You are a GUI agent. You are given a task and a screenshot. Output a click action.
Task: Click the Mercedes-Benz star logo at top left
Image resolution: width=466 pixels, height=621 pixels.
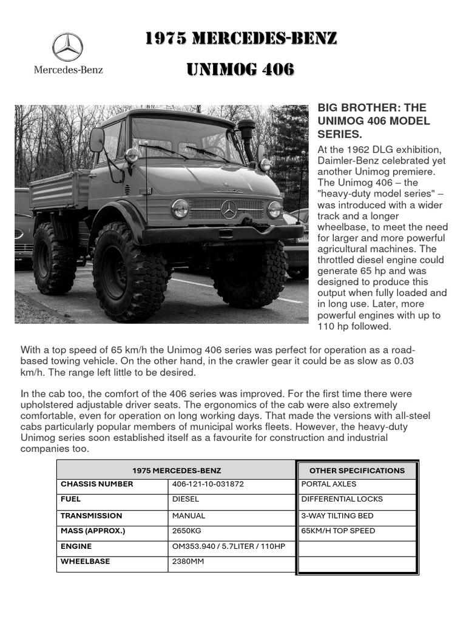pyautogui.click(x=67, y=47)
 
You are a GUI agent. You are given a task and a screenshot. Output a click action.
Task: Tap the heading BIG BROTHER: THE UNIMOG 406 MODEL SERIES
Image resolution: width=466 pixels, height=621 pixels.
pyautogui.click(x=374, y=121)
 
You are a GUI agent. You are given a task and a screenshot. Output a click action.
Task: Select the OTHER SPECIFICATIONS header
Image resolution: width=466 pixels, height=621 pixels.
pyautogui.click(x=357, y=471)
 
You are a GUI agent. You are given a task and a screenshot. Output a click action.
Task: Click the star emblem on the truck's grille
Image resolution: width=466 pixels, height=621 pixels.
pyautogui.click(x=229, y=209)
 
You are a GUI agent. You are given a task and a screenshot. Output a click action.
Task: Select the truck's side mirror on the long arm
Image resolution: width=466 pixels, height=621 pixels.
pyautogui.click(x=97, y=140)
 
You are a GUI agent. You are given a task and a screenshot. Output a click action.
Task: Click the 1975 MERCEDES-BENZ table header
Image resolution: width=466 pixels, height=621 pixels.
pyautogui.click(x=177, y=471)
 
